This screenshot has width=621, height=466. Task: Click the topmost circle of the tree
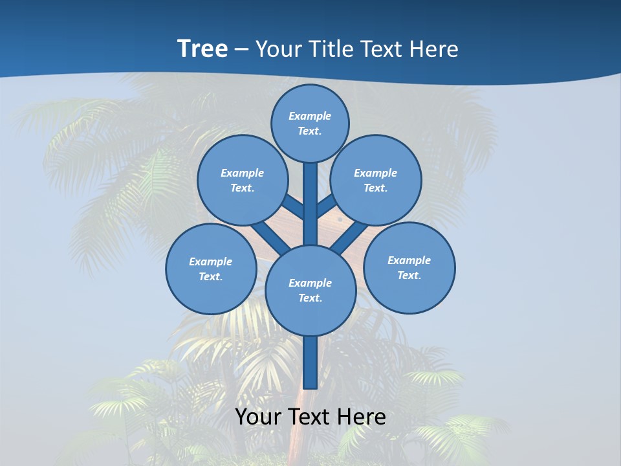pyautogui.click(x=310, y=123)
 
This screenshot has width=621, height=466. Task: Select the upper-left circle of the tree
pyautogui.click(x=243, y=180)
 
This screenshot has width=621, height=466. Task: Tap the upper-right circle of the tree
pyautogui.click(x=376, y=180)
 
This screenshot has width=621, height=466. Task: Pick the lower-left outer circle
pyautogui.click(x=211, y=269)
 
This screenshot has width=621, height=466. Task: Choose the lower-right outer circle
pyautogui.click(x=409, y=267)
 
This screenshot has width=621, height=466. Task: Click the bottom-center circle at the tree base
pyautogui.click(x=310, y=290)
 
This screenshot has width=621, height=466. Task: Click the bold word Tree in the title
pyautogui.click(x=202, y=49)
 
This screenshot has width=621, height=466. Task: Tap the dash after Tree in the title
pyautogui.click(x=241, y=49)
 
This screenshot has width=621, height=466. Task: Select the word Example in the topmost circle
pyautogui.click(x=310, y=116)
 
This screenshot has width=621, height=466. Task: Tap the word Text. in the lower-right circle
pyautogui.click(x=409, y=275)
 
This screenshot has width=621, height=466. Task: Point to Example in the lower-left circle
pyautogui.click(x=211, y=261)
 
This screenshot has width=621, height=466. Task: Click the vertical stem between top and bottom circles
pyautogui.click(x=310, y=204)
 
